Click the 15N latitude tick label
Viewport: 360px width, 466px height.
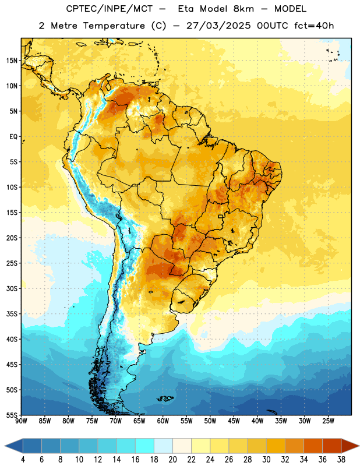(x=12, y=61)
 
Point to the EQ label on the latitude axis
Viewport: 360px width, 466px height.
(x=13, y=137)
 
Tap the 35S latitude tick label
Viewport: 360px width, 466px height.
(x=12, y=314)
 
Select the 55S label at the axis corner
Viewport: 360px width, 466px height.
(x=12, y=415)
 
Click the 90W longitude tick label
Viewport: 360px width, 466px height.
(x=21, y=421)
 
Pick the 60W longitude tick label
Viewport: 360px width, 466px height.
(x=163, y=421)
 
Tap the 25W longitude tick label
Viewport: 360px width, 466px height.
(x=328, y=421)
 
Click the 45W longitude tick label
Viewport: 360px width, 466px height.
(x=234, y=421)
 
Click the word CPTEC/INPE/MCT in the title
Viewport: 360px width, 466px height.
(x=110, y=9)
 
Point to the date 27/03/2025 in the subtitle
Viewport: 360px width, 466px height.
(x=218, y=26)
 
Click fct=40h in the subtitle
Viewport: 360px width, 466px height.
(x=314, y=26)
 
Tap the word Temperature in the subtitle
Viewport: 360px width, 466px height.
(x=114, y=26)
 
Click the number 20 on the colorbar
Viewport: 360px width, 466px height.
(x=172, y=460)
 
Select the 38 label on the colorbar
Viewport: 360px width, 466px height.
(x=341, y=460)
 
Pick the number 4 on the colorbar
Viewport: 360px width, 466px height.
(x=23, y=460)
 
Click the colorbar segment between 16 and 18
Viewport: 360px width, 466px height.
(x=145, y=446)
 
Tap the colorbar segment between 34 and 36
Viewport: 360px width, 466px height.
(x=313, y=446)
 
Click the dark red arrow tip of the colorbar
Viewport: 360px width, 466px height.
(x=351, y=446)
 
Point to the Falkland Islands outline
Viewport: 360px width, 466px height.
(x=165, y=398)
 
